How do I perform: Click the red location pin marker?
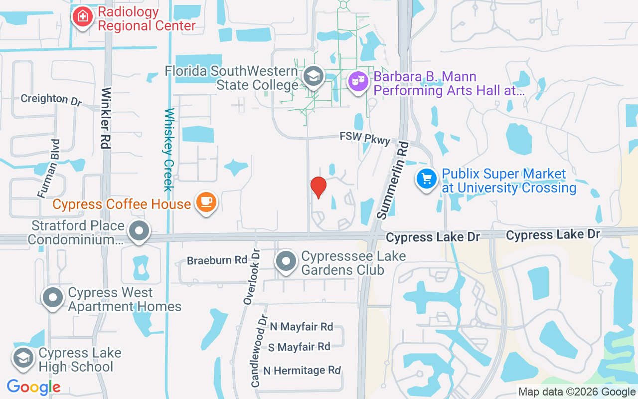pos(318,188)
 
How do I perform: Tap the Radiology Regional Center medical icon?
pos(82,17)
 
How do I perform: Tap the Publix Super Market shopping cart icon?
pos(427,179)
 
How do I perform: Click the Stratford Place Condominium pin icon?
pos(139,231)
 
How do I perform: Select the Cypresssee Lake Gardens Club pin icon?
pos(286,261)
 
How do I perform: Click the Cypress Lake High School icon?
pos(23,358)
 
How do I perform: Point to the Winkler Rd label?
pos(106,118)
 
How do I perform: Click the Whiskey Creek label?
pos(168,150)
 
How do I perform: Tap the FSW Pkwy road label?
pos(365,138)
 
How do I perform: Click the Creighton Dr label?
pos(51,99)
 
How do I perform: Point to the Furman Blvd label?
pos(49,168)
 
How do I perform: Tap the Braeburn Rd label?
pos(217,260)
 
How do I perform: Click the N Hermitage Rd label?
pos(302,371)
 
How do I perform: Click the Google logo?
pos(34,387)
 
